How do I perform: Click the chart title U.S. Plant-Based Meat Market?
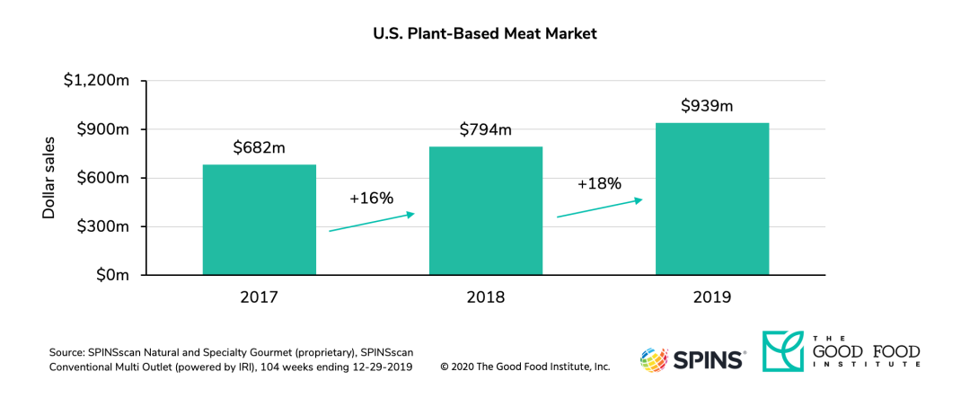click(485, 34)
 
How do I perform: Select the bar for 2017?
click(260, 220)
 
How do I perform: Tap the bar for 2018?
click(486, 211)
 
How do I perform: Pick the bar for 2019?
click(712, 199)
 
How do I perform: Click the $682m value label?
click(259, 147)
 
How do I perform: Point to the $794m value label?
click(485, 129)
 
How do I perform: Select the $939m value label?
click(707, 106)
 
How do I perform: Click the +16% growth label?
click(371, 198)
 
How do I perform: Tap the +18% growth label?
click(599, 183)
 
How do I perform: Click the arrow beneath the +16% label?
click(372, 222)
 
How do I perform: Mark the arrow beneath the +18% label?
click(600, 208)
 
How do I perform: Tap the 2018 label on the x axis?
click(485, 297)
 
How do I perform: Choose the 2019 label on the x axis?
click(711, 297)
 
